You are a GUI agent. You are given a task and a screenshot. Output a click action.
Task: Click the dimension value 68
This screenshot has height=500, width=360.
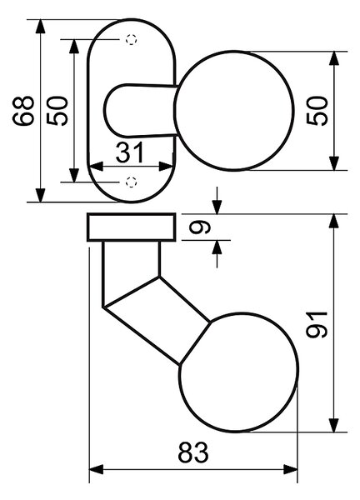pyautogui.click(x=23, y=111)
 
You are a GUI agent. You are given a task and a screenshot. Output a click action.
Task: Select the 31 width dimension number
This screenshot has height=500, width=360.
pyautogui.click(x=130, y=152)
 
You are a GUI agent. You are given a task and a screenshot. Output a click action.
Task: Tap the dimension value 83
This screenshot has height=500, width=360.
pyautogui.click(x=193, y=452)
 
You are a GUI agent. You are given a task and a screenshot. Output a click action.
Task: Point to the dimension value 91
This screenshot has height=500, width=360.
pyautogui.click(x=317, y=325)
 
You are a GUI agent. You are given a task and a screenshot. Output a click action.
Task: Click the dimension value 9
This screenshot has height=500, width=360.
pyautogui.click(x=200, y=227)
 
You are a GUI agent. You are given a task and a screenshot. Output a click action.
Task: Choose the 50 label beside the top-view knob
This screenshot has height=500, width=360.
pyautogui.click(x=317, y=111)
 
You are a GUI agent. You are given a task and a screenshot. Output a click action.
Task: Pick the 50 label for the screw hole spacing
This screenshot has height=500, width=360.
pyautogui.click(x=57, y=111)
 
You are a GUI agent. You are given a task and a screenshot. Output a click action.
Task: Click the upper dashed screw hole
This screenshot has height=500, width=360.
pyautogui.click(x=131, y=39)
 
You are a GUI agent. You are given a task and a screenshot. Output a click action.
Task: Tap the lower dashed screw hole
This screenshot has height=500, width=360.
pyautogui.click(x=131, y=182)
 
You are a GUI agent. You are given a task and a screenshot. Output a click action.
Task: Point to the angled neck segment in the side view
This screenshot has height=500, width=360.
pyautogui.click(x=157, y=321)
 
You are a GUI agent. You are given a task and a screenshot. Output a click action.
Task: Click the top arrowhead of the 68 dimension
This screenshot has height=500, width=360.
pyautogui.click(x=41, y=27)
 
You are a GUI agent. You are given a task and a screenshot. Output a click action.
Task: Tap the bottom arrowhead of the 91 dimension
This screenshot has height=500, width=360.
pyautogui.click(x=334, y=425)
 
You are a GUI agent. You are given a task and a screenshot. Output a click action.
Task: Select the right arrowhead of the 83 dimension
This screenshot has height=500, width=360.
pyautogui.click(x=290, y=469)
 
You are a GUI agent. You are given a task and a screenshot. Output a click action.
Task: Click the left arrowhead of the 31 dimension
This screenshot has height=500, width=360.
pyautogui.click(x=97, y=166)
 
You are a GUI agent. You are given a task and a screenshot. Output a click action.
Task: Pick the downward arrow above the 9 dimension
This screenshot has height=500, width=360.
pyautogui.click(x=217, y=201)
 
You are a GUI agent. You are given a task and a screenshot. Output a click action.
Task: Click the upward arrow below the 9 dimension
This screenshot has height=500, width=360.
pyautogui.click(x=217, y=254)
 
